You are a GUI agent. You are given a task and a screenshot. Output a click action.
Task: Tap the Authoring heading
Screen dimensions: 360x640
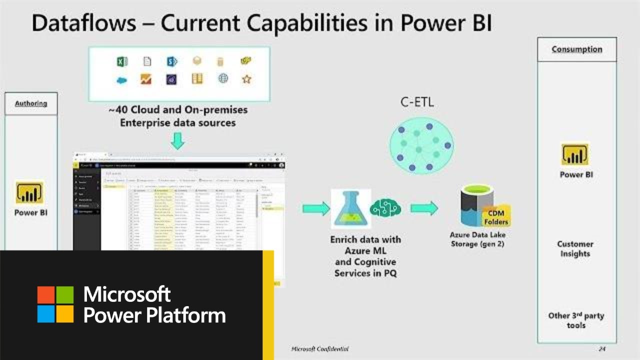pyautogui.click(x=31, y=103)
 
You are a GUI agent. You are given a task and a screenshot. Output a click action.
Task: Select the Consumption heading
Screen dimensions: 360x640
pyautogui.click(x=576, y=49)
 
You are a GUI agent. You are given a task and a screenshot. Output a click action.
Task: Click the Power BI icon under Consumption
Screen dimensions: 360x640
pyautogui.click(x=575, y=154)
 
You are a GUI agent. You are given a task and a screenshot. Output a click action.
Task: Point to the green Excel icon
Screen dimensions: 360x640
pyautogui.click(x=122, y=61)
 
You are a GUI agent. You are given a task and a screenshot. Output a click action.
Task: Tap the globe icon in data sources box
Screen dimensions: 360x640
pyautogui.click(x=223, y=78)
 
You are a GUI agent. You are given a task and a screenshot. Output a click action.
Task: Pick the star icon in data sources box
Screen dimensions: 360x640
pyautogui.click(x=246, y=78)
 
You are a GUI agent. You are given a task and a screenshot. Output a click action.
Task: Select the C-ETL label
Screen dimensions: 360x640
pyautogui.click(x=416, y=102)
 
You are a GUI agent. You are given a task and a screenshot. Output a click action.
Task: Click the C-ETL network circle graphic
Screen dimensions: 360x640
pyautogui.click(x=421, y=145)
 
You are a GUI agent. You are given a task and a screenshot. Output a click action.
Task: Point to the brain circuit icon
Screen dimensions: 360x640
pyautogui.click(x=385, y=208)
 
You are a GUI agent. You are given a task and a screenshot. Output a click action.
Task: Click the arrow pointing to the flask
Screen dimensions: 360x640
pyautogui.click(x=315, y=208)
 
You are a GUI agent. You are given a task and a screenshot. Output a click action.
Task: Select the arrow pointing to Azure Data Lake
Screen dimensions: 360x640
pyautogui.click(x=424, y=208)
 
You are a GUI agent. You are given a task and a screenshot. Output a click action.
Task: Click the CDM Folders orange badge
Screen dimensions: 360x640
pyautogui.click(x=495, y=217)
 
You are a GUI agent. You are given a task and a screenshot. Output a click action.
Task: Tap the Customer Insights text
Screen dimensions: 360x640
pyautogui.click(x=575, y=249)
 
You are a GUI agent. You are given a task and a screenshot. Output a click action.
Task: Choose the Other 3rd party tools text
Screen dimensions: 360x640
pyautogui.click(x=576, y=320)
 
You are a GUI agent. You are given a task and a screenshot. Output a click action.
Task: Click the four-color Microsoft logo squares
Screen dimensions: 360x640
pyautogui.click(x=55, y=304)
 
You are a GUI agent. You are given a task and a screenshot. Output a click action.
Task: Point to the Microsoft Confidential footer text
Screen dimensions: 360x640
pyautogui.click(x=320, y=348)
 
